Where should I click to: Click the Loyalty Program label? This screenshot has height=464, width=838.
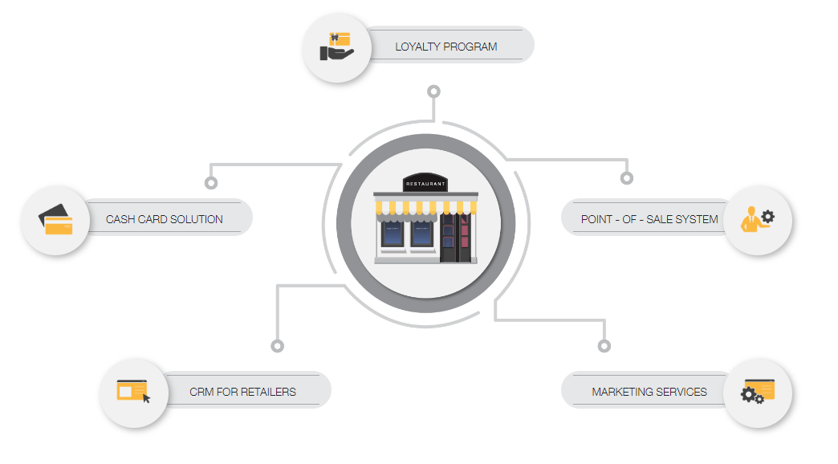pyautogui.click(x=445, y=47)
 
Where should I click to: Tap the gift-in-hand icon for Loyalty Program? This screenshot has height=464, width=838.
pyautogui.click(x=337, y=47)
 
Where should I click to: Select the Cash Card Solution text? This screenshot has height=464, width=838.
pyautogui.click(x=165, y=219)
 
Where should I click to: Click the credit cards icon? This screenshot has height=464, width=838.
pyautogui.click(x=56, y=219)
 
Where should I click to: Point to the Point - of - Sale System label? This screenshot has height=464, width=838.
pyautogui.click(x=649, y=219)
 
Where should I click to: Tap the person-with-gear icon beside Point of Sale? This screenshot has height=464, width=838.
pyautogui.click(x=757, y=219)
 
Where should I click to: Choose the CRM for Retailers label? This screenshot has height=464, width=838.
pyautogui.click(x=242, y=392)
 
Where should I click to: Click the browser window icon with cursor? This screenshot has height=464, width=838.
pyautogui.click(x=134, y=392)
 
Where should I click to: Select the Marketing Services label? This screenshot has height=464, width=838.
pyautogui.click(x=649, y=392)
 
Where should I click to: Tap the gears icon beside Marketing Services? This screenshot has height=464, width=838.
pyautogui.click(x=757, y=392)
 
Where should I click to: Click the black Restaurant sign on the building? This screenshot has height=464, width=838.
pyautogui.click(x=425, y=184)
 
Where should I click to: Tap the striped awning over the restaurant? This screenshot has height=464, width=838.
pyautogui.click(x=425, y=210)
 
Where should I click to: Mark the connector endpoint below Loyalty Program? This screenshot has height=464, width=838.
pyautogui.click(x=434, y=92)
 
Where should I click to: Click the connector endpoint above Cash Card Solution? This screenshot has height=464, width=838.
pyautogui.click(x=211, y=183)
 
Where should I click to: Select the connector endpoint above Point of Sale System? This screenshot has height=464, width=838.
pyautogui.click(x=626, y=177)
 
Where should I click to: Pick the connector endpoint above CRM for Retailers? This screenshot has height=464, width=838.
pyautogui.click(x=277, y=346)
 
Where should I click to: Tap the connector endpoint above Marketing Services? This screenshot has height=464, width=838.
pyautogui.click(x=604, y=346)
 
